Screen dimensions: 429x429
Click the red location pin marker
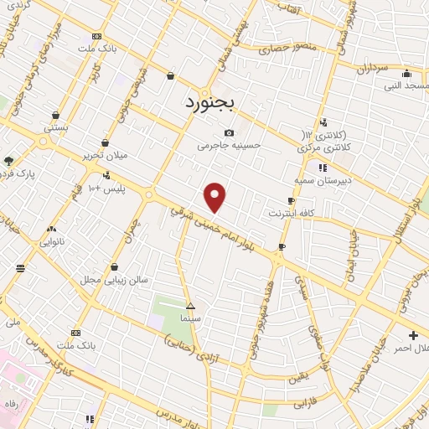pos(215,197)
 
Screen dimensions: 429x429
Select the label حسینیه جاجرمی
pos(230,145)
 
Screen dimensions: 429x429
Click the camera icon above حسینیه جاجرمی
pos(230,132)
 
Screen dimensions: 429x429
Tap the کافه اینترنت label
pos(291,214)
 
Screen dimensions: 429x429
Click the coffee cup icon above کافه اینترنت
pos(291,201)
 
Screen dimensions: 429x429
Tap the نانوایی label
pos(52,241)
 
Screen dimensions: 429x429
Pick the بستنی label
pos(56,128)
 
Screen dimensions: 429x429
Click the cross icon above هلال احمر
pos(413,336)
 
